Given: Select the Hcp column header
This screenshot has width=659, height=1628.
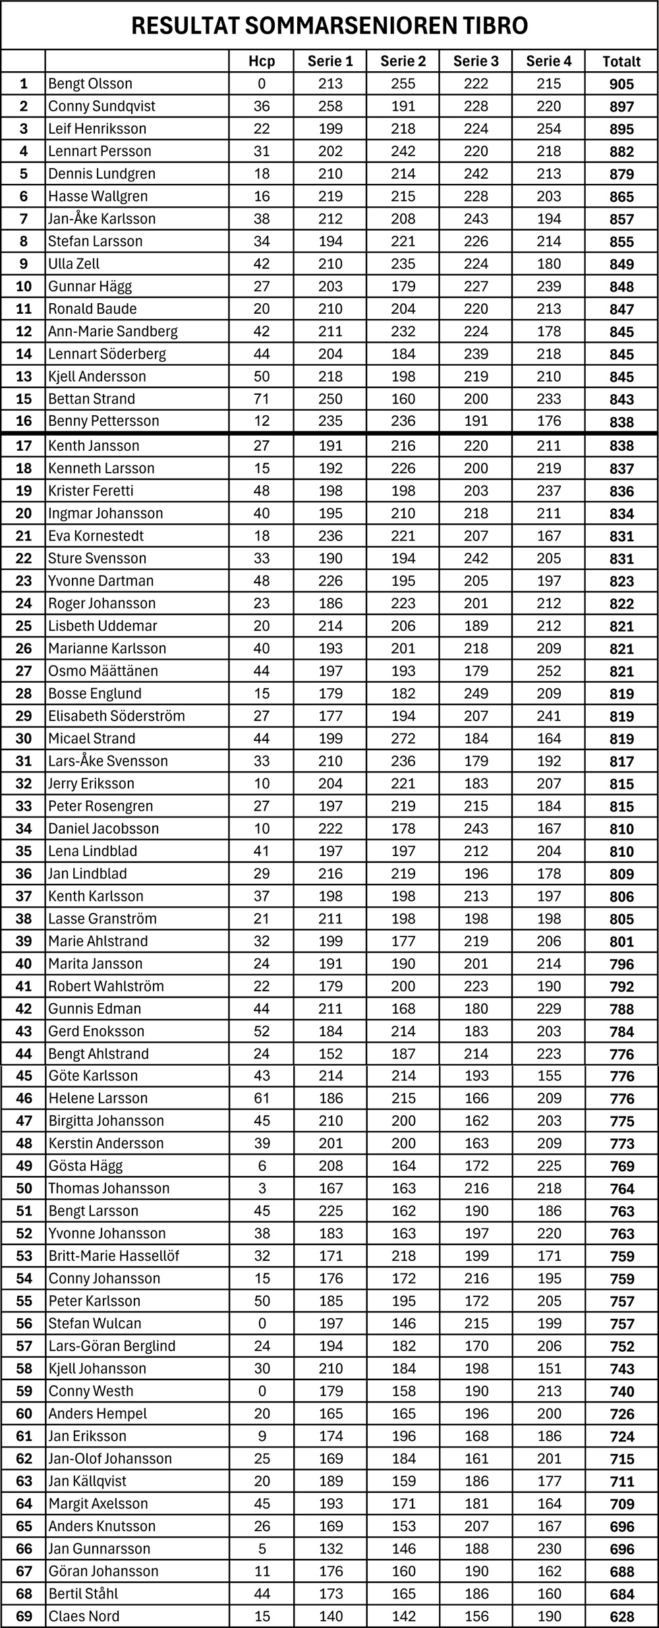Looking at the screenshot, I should click(262, 61).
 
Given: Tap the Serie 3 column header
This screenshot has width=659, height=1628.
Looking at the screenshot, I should click(476, 61).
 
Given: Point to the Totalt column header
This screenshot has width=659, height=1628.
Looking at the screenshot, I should click(621, 61).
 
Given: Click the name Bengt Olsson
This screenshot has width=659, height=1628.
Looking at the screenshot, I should click(90, 84).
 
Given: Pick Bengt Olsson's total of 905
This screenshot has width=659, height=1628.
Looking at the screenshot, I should click(621, 84).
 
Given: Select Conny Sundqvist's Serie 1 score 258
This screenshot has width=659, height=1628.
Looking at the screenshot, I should click(331, 106).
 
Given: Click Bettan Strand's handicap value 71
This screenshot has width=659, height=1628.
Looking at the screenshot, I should click(262, 399).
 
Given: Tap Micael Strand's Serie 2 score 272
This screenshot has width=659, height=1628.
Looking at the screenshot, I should click(403, 738).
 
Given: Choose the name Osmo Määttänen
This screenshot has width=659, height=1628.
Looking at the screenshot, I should click(103, 671).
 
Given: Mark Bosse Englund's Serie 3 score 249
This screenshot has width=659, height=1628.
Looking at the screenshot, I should click(476, 693).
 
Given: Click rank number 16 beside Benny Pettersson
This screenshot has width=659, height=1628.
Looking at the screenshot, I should click(24, 421).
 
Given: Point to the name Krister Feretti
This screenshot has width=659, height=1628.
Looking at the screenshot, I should click(91, 491).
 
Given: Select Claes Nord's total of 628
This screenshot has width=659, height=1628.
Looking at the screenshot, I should click(621, 1616).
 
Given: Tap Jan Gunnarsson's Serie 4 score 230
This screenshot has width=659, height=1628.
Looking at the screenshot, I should click(549, 1549).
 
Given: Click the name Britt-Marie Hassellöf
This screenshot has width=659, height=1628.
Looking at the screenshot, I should click(114, 1256).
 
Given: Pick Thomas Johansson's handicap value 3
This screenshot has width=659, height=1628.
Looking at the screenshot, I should click(262, 1188).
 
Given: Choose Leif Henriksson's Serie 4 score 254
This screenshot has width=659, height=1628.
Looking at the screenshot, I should click(549, 129).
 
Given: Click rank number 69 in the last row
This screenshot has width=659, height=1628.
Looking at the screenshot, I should click(24, 1616).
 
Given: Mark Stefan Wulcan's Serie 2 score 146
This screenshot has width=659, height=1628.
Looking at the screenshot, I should click(403, 1323).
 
